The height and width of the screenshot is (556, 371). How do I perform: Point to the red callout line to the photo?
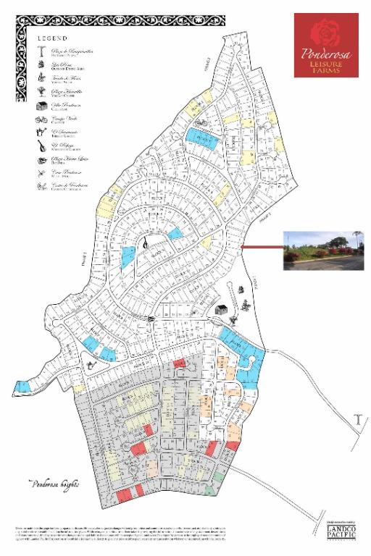261,247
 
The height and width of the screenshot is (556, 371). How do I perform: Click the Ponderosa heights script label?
54,483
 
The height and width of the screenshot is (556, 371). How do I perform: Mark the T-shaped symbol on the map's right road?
357,418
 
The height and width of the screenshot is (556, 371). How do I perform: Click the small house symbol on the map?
220,309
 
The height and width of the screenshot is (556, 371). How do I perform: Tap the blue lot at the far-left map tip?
21,387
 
